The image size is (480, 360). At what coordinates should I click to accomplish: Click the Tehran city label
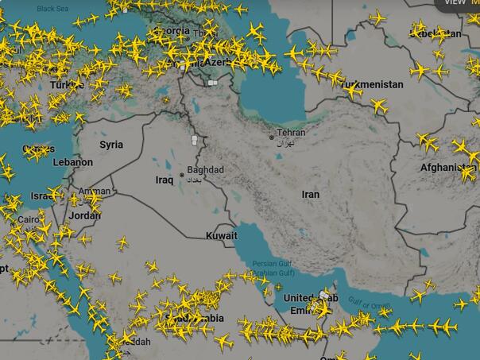(291, 133)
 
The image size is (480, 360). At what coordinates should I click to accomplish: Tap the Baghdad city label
(206, 170)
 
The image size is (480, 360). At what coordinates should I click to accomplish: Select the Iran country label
(311, 195)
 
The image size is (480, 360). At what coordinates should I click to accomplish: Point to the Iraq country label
(164, 180)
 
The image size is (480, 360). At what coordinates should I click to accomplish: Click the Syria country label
(111, 145)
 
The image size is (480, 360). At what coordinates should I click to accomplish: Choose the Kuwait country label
(221, 236)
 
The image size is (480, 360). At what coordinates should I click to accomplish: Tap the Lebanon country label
(73, 162)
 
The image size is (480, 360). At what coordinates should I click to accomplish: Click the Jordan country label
(85, 215)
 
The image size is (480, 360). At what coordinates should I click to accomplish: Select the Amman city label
(95, 192)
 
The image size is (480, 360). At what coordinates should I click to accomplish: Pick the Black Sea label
(52, 8)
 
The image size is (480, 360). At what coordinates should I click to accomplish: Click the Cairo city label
(29, 219)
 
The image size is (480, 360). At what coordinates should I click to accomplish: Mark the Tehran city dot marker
(271, 137)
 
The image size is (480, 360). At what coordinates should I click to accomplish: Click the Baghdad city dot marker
(182, 175)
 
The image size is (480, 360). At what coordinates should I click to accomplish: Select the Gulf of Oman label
(369, 304)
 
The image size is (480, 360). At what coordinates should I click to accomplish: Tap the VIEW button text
(455, 2)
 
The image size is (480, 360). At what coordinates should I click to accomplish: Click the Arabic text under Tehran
(285, 142)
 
